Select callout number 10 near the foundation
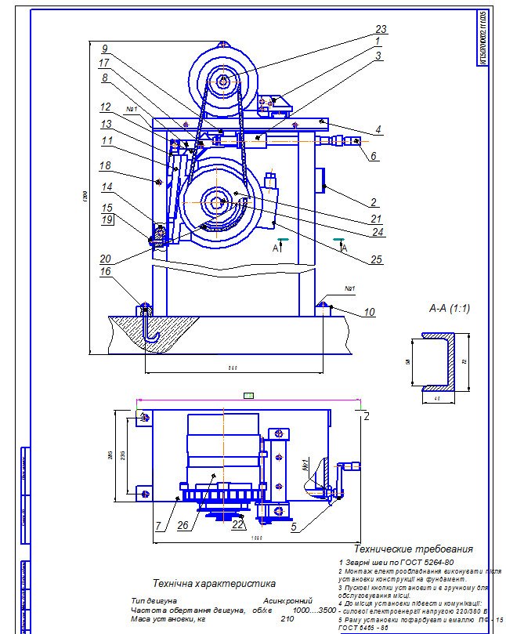[370, 313]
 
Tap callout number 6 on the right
[374, 157]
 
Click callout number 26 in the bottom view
[183, 525]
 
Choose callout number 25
[378, 259]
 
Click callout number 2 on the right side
[374, 203]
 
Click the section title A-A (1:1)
[449, 309]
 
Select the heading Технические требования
[414, 549]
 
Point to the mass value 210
[287, 619]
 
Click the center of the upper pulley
[224, 80]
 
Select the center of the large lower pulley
[217, 201]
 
